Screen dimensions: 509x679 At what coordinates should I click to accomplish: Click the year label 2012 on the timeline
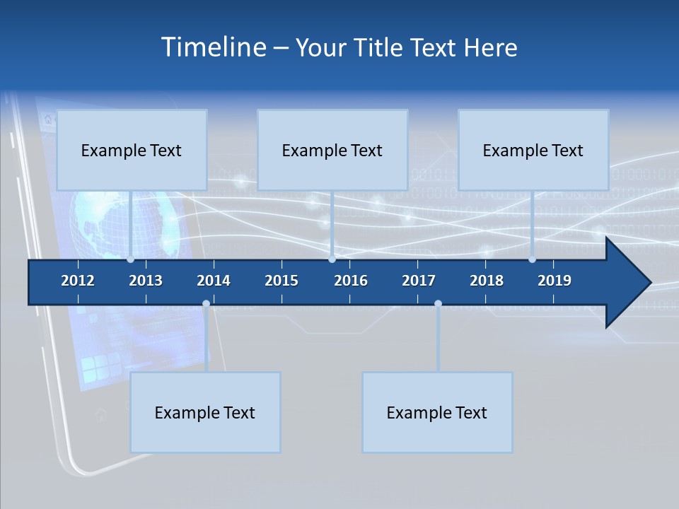pyautogui.click(x=78, y=281)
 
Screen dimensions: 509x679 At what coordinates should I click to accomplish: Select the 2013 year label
pyautogui.click(x=146, y=281)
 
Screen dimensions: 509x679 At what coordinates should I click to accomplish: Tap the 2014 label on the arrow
pyautogui.click(x=214, y=281)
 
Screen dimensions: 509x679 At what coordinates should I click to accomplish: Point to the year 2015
pyautogui.click(x=282, y=281)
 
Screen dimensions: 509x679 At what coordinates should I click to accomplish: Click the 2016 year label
pyautogui.click(x=351, y=281)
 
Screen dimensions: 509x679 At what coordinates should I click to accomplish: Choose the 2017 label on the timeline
pyautogui.click(x=419, y=281)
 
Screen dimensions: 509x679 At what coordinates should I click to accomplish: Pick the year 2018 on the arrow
pyautogui.click(x=487, y=281)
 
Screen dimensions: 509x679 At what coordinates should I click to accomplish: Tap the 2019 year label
pyautogui.click(x=555, y=281)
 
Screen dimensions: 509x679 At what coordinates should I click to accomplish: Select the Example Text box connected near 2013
pyautogui.click(x=132, y=150)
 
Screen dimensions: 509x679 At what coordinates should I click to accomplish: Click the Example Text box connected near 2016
pyautogui.click(x=332, y=150)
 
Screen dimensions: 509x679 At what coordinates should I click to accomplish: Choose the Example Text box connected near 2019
pyautogui.click(x=533, y=150)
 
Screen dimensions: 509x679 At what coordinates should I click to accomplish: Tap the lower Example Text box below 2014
pyautogui.click(x=205, y=412)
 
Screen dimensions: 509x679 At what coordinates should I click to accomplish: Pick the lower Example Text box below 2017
pyautogui.click(x=437, y=412)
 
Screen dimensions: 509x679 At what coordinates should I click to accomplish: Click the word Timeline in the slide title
pyautogui.click(x=213, y=47)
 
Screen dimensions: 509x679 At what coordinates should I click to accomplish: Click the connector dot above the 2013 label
pyautogui.click(x=130, y=259)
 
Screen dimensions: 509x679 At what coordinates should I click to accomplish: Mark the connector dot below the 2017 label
pyautogui.click(x=438, y=304)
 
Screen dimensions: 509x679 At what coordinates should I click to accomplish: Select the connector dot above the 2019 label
pyautogui.click(x=532, y=259)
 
